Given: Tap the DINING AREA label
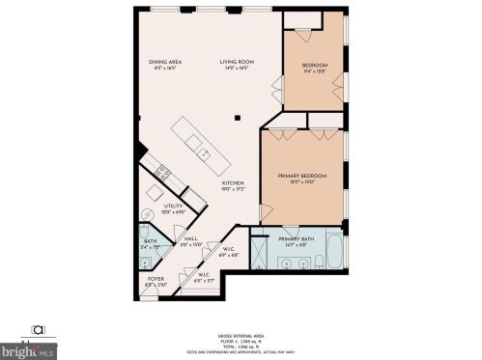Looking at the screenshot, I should pyautogui.click(x=166, y=63).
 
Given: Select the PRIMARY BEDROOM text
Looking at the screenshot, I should pyautogui.click(x=302, y=176).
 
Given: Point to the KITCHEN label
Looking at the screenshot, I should pyautogui.click(x=233, y=182).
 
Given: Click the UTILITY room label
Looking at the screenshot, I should pyautogui.click(x=173, y=206).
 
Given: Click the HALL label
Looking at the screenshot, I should pyautogui.click(x=191, y=238).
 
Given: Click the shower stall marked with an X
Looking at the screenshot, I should pyautogui.click(x=262, y=254).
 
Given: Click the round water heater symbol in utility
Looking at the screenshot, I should pyautogui.click(x=149, y=215).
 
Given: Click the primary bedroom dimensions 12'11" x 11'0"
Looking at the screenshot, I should pyautogui.click(x=302, y=182).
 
